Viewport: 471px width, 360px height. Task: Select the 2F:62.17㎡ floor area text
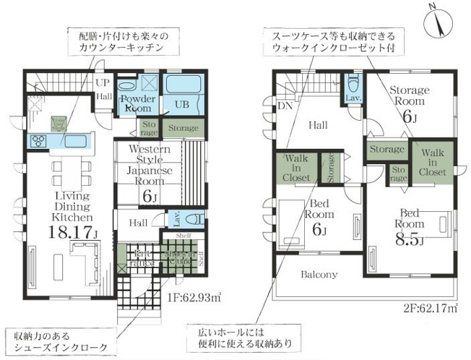click(x=431, y=309)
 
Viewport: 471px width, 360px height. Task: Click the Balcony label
click(x=319, y=275)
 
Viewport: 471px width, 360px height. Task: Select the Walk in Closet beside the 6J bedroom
click(x=296, y=167)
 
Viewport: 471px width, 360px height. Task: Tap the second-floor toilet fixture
click(x=353, y=82)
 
